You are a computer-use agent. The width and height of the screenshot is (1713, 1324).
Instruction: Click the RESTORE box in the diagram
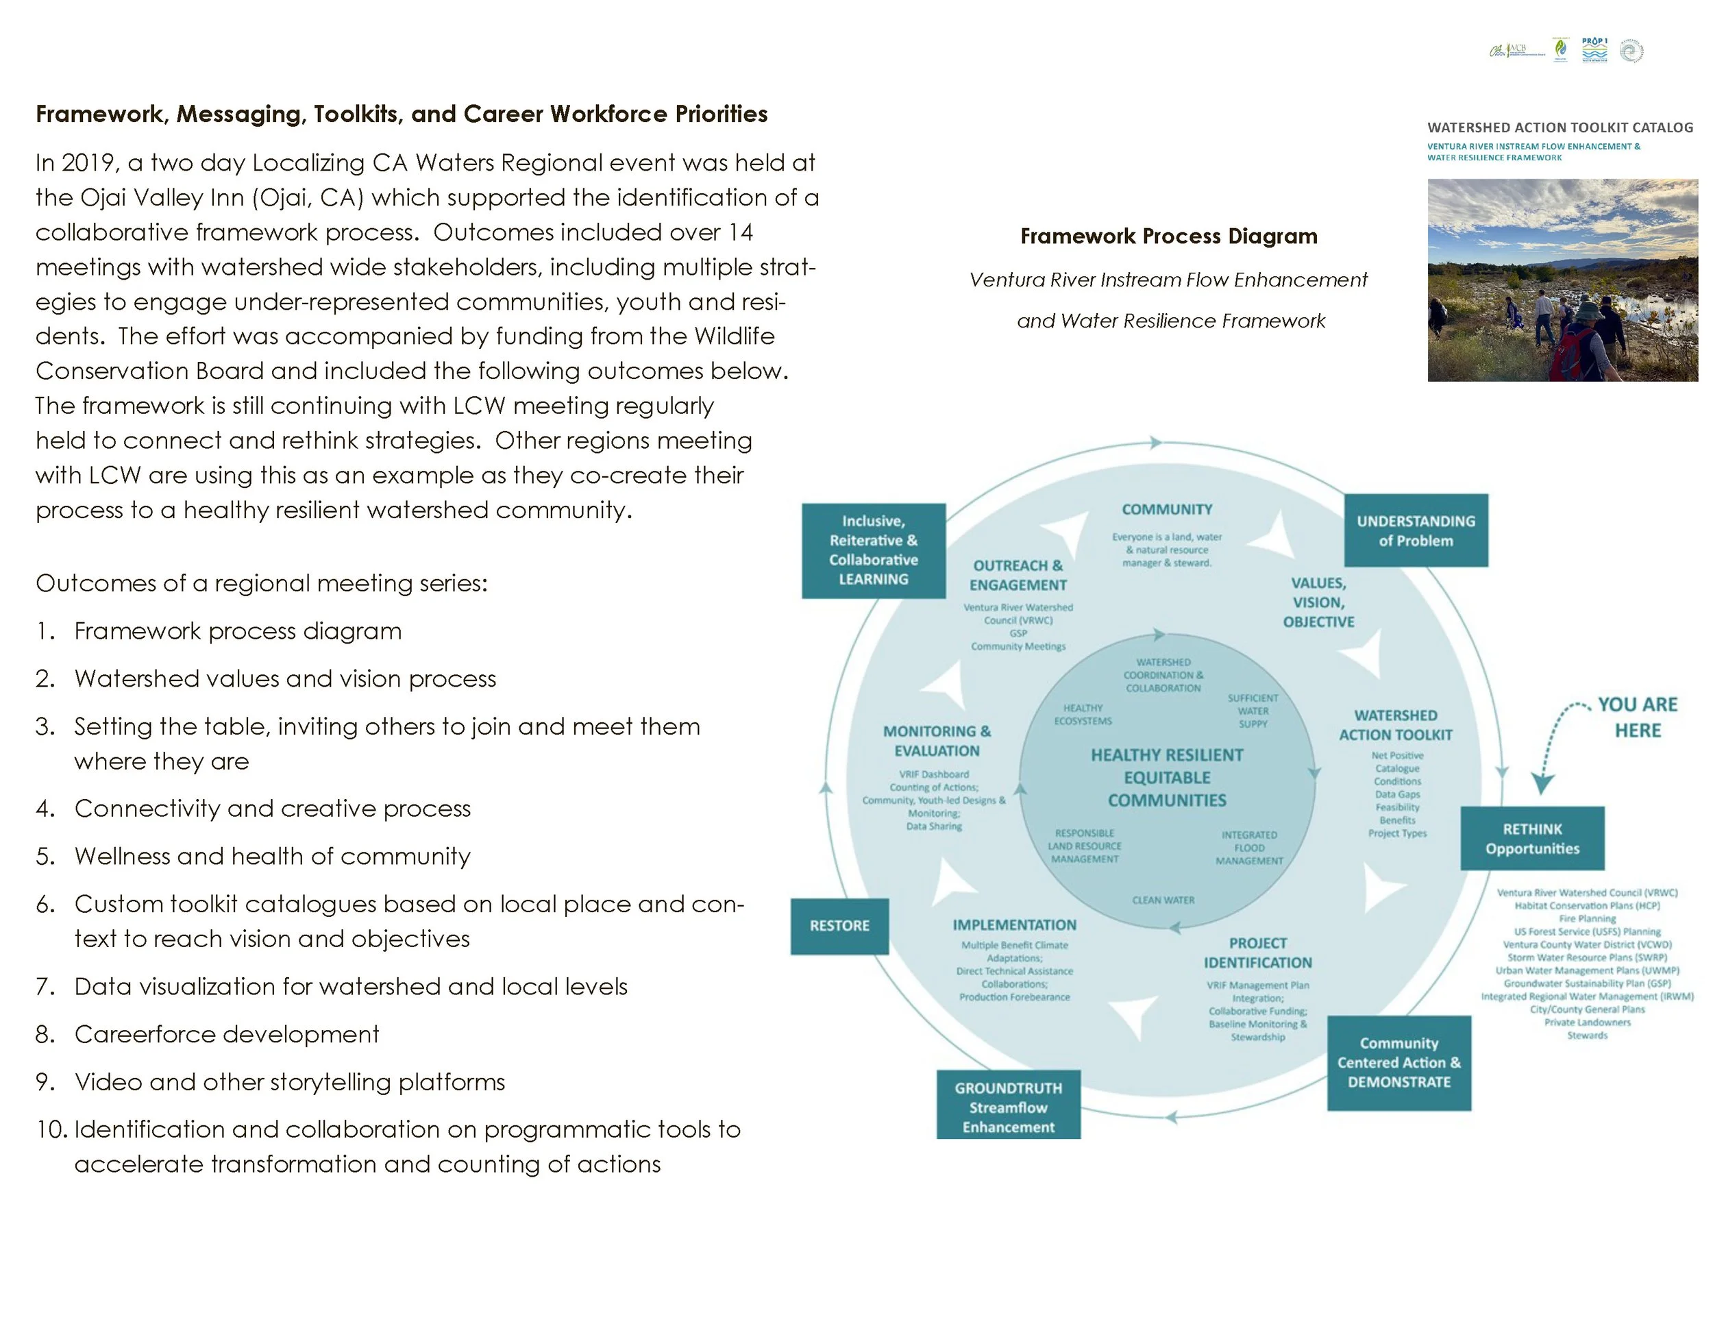pyautogui.click(x=839, y=926)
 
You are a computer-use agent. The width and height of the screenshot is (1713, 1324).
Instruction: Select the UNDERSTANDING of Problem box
pyautogui.click(x=1416, y=530)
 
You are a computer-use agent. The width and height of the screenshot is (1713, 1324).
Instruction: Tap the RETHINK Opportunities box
pyautogui.click(x=1532, y=839)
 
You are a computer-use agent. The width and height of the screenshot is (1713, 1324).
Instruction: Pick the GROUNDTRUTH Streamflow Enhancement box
pyautogui.click(x=1008, y=1107)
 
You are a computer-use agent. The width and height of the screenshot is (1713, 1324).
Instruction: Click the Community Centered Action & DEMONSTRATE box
pyautogui.click(x=1398, y=1062)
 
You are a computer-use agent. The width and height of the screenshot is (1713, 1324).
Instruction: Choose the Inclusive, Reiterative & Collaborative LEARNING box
pyautogui.click(x=873, y=550)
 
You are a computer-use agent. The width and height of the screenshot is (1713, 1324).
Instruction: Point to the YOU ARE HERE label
pyautogui.click(x=1638, y=717)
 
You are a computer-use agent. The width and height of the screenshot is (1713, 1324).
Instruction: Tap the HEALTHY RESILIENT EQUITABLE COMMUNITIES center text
pyautogui.click(x=1167, y=777)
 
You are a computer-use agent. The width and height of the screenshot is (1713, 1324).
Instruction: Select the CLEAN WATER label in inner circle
pyautogui.click(x=1163, y=900)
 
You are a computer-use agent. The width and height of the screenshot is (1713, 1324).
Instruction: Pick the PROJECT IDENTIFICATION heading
pyautogui.click(x=1257, y=952)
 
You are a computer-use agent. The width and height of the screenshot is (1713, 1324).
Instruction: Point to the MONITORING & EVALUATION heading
pyautogui.click(x=937, y=740)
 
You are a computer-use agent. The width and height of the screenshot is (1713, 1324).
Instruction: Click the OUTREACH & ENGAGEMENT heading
pyautogui.click(x=1018, y=575)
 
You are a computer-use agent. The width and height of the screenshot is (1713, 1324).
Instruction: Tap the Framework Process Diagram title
pyautogui.click(x=1169, y=236)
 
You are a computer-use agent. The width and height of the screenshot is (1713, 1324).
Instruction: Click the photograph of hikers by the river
pyautogui.click(x=1562, y=280)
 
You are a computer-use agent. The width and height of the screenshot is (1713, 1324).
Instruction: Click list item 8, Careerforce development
pyautogui.click(x=227, y=1034)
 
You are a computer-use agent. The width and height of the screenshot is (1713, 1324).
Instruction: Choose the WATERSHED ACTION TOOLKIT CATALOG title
pyautogui.click(x=1560, y=127)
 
